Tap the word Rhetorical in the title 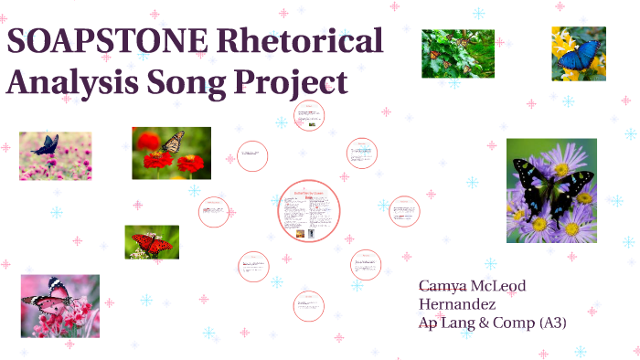coord(303,43)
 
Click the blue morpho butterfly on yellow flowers coord(578,53)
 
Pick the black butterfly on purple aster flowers coord(551,190)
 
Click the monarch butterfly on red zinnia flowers coord(171,153)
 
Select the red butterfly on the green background coord(152,242)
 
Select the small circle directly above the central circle coord(309,116)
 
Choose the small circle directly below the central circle coord(309,305)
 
